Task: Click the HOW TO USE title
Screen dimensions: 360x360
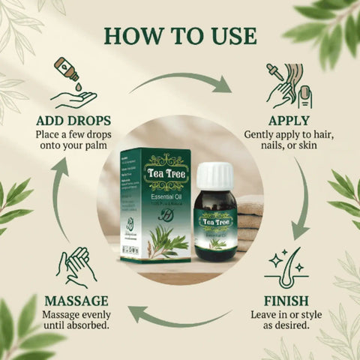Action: click(x=180, y=34)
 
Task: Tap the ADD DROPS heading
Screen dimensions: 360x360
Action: click(x=73, y=120)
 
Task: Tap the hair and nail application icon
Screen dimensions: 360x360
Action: click(x=289, y=85)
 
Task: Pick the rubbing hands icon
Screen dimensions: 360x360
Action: click(x=75, y=266)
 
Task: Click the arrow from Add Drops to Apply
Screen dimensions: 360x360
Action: click(x=180, y=81)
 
